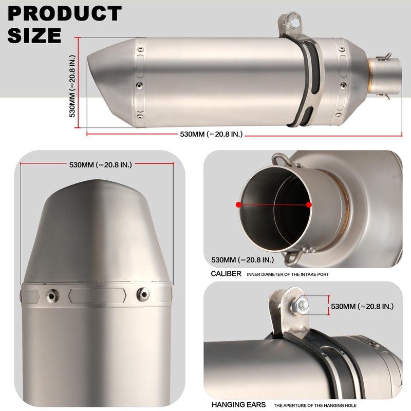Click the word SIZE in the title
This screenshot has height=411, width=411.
point(34,35)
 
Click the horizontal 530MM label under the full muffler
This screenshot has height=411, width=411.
point(211,135)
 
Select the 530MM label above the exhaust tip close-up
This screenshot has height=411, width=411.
point(101,165)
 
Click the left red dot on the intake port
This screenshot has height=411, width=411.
point(238,204)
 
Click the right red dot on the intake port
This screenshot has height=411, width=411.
point(309,204)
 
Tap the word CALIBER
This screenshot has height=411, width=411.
point(226,274)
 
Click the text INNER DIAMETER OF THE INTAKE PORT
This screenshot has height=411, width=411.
point(288,275)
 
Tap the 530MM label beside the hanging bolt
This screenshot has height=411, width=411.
point(362,306)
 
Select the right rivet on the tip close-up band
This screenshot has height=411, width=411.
point(142,294)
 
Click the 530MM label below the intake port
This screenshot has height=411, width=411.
point(241,260)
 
